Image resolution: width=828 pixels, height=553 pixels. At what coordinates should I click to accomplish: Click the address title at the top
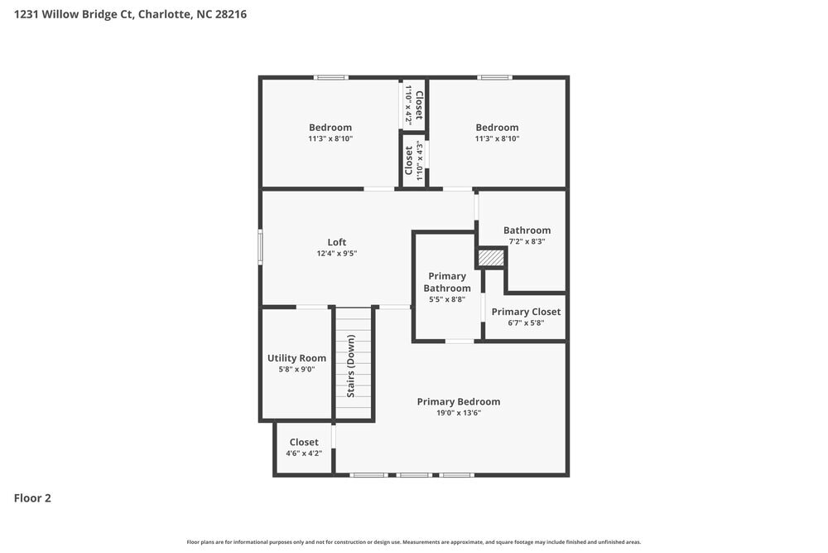click(130, 14)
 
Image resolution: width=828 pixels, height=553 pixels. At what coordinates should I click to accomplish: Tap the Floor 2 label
click(32, 498)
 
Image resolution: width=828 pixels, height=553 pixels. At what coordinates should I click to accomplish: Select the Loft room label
click(336, 242)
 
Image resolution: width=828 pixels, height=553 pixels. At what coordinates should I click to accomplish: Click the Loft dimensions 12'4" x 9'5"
click(336, 254)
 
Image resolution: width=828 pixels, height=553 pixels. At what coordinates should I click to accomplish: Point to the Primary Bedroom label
click(458, 401)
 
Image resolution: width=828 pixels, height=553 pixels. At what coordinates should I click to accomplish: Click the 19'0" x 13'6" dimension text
click(458, 413)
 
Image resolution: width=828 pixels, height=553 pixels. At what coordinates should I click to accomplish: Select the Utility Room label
click(296, 358)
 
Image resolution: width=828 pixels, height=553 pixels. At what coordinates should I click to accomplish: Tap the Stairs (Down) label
click(351, 366)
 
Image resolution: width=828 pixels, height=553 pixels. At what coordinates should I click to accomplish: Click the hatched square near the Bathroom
click(492, 259)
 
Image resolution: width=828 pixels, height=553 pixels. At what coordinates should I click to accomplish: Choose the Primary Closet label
click(526, 312)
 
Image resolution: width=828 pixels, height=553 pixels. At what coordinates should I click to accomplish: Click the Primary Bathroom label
click(447, 282)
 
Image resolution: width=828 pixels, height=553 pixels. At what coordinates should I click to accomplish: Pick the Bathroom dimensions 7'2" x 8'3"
click(527, 242)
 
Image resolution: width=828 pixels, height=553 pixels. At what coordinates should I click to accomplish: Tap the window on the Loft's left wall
click(260, 247)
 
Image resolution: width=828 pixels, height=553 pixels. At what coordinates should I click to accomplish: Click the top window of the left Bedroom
click(330, 78)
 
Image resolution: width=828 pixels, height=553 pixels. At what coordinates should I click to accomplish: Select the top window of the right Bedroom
click(495, 78)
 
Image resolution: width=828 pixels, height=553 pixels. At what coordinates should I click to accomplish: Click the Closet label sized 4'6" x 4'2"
click(304, 442)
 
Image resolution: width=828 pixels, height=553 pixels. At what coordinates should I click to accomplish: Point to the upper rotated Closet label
click(419, 105)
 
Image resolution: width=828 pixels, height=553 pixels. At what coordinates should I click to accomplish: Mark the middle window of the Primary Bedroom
click(413, 475)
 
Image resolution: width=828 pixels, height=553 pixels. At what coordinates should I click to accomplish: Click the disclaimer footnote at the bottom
click(413, 541)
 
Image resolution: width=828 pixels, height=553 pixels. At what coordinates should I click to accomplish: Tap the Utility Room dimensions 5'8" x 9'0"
click(296, 370)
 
